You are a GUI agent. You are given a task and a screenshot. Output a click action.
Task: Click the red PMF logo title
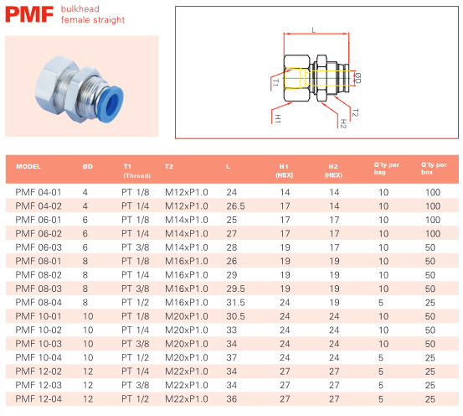click(x=29, y=14)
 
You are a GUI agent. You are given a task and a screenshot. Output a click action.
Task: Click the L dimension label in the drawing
click(x=314, y=30)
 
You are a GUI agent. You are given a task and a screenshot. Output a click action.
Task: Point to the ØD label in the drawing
click(x=358, y=78)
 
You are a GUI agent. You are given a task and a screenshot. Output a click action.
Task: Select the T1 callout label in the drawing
click(x=275, y=82)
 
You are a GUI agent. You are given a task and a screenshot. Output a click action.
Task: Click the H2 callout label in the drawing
click(x=343, y=123)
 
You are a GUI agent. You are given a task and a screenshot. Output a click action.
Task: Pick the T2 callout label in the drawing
click(x=355, y=112)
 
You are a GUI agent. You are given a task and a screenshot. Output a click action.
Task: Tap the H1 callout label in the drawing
click(x=278, y=118)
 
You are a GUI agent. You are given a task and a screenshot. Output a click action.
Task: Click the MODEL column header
click(x=28, y=167)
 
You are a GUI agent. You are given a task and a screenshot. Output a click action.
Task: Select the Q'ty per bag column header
click(x=387, y=169)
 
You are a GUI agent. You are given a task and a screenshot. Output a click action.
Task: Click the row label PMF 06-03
click(x=39, y=247)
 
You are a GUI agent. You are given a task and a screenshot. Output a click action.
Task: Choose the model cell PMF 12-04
click(x=39, y=399)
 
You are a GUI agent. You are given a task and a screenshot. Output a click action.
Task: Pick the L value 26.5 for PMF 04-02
click(x=235, y=206)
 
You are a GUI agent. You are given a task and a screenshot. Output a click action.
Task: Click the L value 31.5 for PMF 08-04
click(x=235, y=303)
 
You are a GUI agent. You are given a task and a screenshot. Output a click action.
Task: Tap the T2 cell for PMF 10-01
click(x=187, y=316)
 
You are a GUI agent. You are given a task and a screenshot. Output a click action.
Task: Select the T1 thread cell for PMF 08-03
click(x=136, y=289)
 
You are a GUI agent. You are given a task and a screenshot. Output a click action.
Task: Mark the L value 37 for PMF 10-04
click(x=232, y=357)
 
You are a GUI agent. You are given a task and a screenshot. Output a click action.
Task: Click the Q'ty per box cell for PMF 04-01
click(x=433, y=192)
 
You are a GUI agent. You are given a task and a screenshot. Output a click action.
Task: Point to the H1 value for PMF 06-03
click(x=285, y=247)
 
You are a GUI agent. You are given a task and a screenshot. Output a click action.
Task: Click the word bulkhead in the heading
click(x=80, y=9)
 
